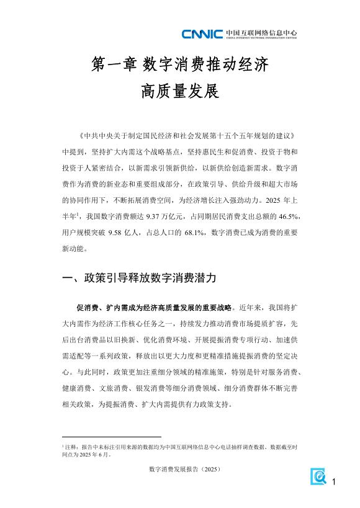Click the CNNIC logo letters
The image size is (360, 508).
point(202,33)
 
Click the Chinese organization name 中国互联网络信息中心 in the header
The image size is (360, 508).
point(261,32)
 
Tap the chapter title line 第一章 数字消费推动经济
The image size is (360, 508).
point(180,64)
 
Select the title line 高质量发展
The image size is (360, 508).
point(180,92)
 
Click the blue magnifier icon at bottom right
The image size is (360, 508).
point(318,476)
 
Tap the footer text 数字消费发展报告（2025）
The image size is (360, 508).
point(180,471)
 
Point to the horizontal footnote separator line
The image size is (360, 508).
point(112,437)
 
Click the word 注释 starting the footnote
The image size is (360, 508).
point(71,447)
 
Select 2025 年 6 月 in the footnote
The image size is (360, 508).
point(97,454)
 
